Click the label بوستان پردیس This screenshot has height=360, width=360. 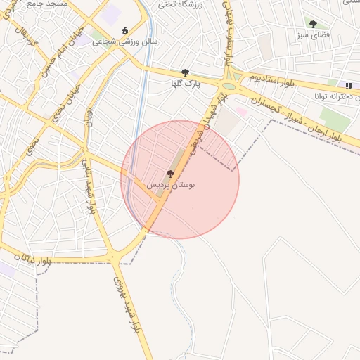coord(170,184)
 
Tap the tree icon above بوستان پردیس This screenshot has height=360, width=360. coord(170,174)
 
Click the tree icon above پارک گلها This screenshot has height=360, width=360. coord(185,72)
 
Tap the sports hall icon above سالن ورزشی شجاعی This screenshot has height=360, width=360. coord(125,30)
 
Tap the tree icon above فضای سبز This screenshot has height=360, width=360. coord(313,24)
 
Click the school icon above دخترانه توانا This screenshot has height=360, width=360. coord(349,86)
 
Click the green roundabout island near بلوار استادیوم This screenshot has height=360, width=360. coord(229,86)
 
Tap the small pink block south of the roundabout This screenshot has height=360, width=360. coord(241,111)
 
